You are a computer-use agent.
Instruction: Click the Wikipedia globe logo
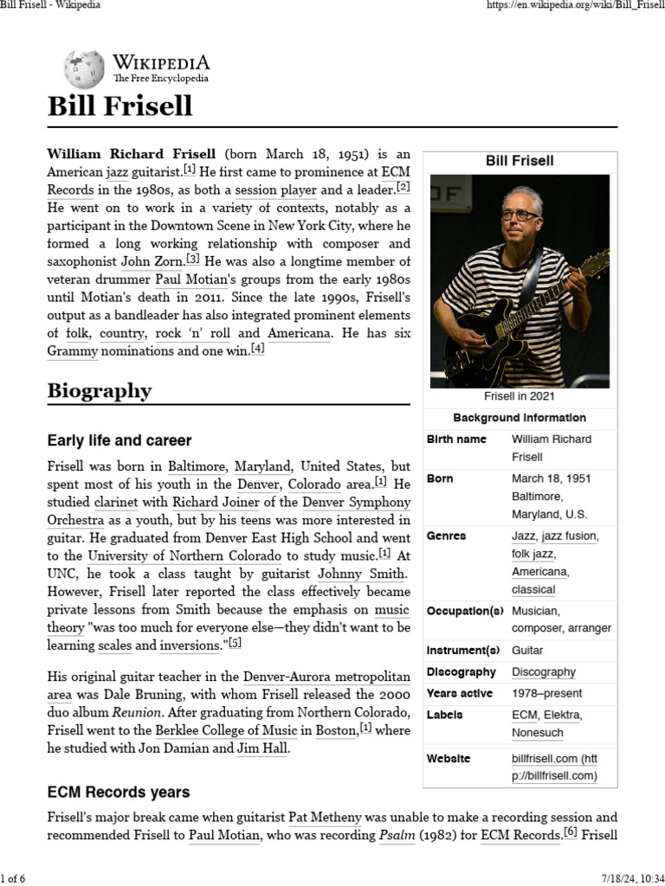(x=84, y=67)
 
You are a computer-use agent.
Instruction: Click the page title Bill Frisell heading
(x=119, y=106)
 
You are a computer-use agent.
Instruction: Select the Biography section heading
(x=99, y=390)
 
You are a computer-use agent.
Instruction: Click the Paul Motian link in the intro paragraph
(x=188, y=279)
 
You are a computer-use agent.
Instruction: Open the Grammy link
(x=73, y=351)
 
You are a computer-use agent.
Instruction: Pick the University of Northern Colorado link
(x=184, y=555)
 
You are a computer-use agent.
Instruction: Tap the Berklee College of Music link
(x=229, y=730)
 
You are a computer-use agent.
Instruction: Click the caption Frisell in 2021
(x=520, y=396)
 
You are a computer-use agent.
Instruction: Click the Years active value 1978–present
(x=546, y=693)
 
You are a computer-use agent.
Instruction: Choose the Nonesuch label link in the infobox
(x=537, y=733)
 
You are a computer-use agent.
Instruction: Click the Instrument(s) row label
(x=463, y=650)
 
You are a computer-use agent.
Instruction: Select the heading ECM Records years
(x=118, y=792)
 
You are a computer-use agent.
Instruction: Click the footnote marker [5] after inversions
(x=235, y=643)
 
